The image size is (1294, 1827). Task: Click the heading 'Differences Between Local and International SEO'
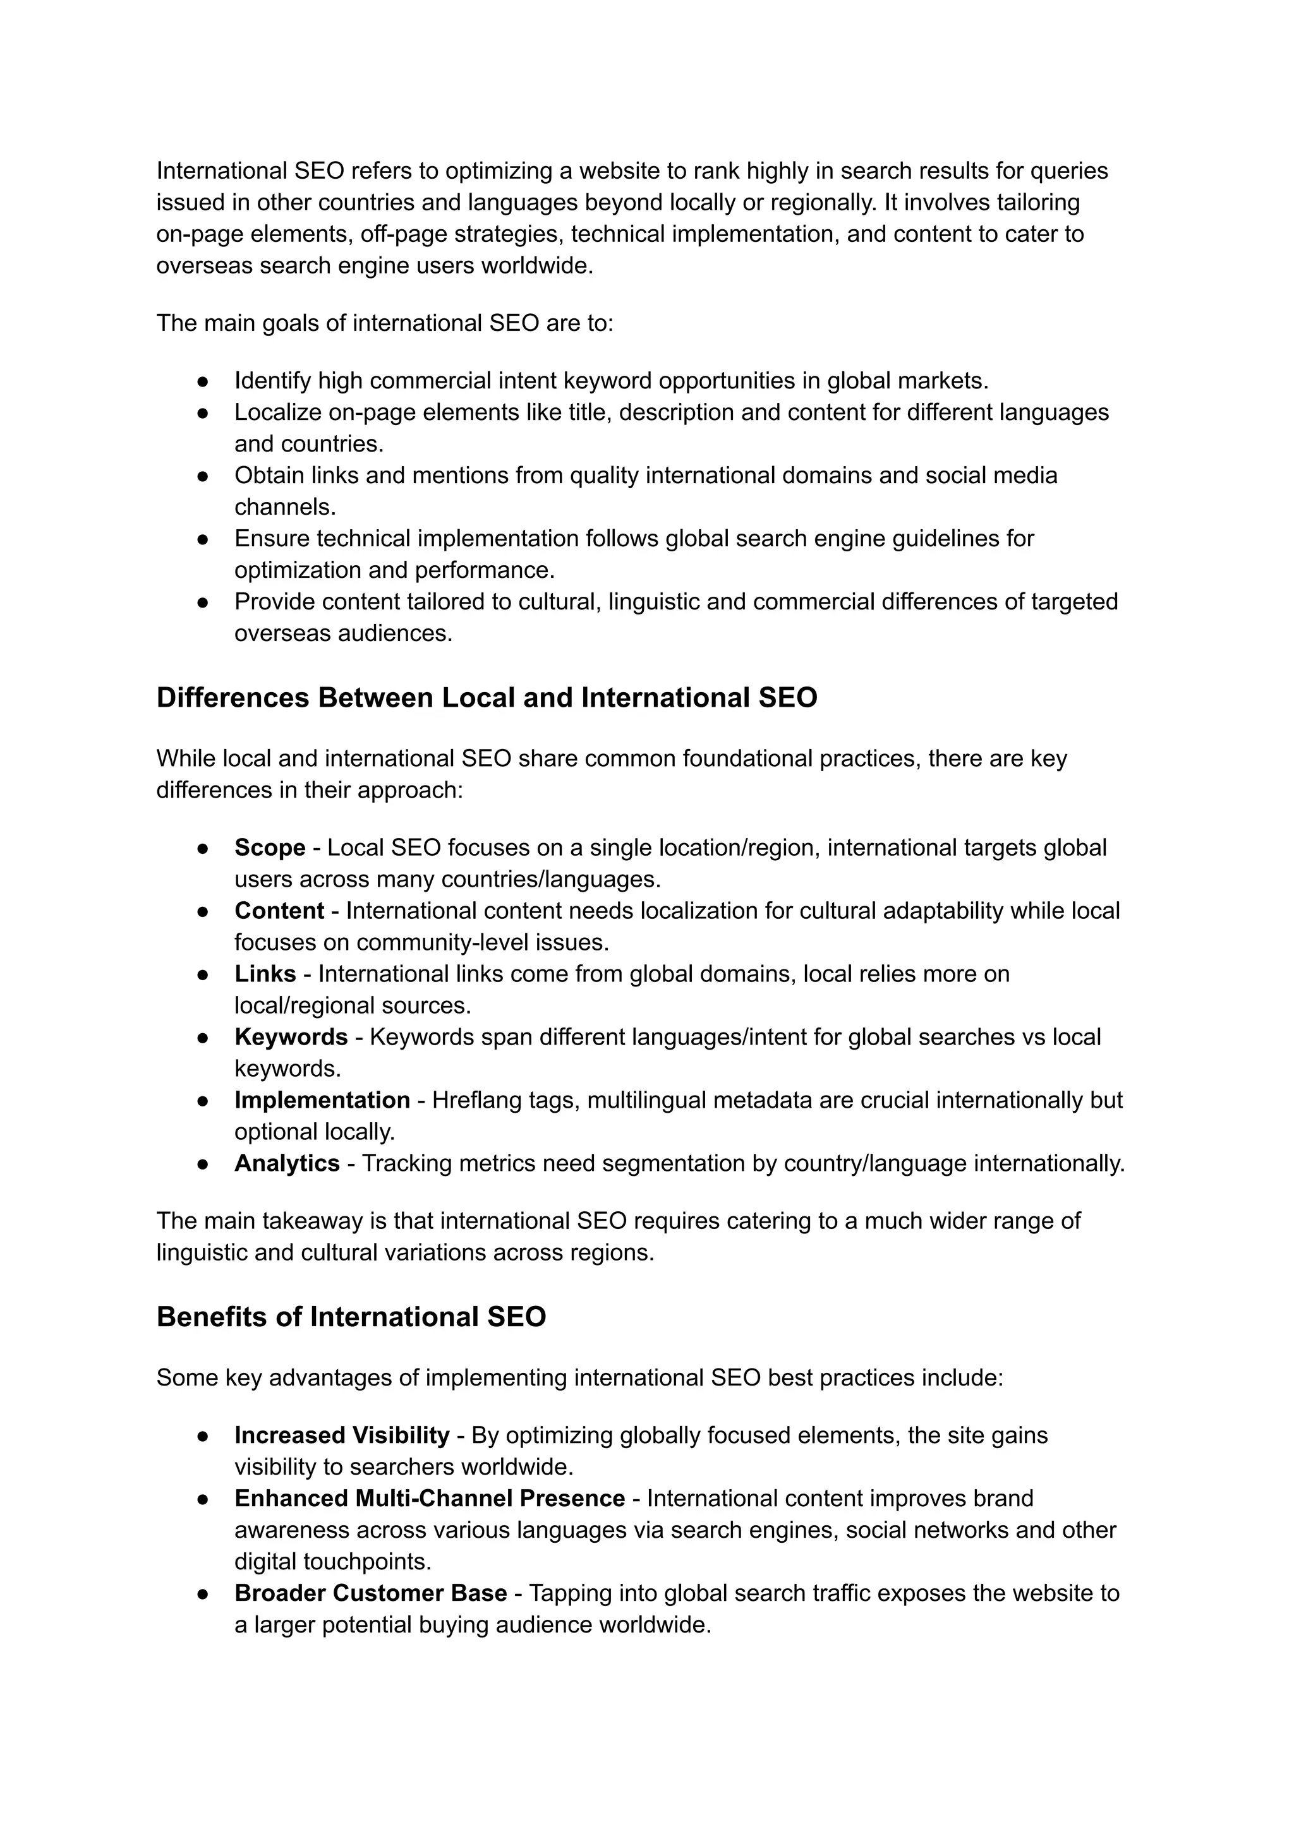487,698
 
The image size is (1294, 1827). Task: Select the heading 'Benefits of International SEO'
351,1317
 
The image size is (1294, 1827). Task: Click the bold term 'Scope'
269,848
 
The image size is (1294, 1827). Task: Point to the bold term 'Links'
265,974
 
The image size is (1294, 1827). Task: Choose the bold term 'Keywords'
291,1037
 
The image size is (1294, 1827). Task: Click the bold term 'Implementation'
322,1100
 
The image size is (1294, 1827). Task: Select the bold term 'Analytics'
287,1163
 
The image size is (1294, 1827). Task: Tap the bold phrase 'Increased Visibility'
342,1435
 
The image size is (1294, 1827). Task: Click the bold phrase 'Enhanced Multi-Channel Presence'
430,1498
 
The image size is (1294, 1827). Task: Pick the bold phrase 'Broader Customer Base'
370,1593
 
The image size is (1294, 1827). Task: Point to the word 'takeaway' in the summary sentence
312,1221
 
